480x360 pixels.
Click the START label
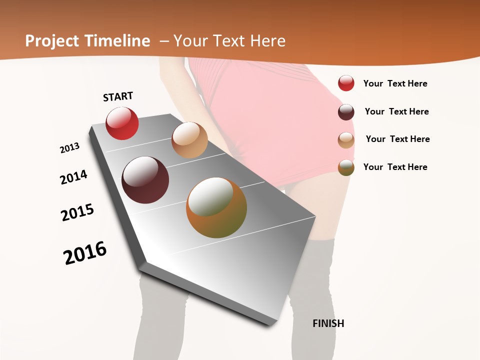[x=118, y=96]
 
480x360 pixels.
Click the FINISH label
[x=328, y=323]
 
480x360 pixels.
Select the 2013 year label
[x=69, y=148]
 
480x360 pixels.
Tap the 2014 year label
[x=73, y=177]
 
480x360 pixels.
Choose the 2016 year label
[x=85, y=253]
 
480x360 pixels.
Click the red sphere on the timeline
[x=122, y=123]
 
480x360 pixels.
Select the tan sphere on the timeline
[x=189, y=140]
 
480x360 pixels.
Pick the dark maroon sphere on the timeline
[x=145, y=180]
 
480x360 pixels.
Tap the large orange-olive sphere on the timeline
[x=216, y=207]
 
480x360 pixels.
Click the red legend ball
[x=346, y=83]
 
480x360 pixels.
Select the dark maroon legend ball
[x=346, y=112]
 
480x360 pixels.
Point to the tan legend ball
[x=346, y=140]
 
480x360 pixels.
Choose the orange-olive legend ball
[x=346, y=167]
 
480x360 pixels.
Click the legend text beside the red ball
[x=395, y=83]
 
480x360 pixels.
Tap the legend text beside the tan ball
[x=397, y=139]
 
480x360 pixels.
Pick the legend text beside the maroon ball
[x=396, y=111]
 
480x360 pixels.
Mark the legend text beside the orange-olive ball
[x=395, y=167]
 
